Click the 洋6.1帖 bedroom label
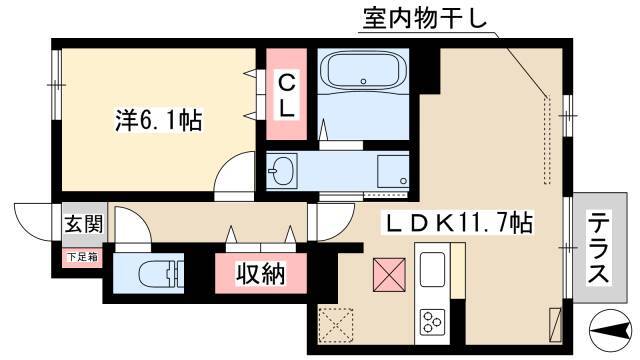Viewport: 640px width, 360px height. [x=159, y=120]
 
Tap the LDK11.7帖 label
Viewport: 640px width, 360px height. [x=457, y=222]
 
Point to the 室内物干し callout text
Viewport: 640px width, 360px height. [x=424, y=18]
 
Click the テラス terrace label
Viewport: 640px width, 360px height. [x=599, y=249]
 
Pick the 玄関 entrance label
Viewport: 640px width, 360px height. [x=84, y=224]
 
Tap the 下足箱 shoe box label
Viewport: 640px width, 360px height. [x=82, y=257]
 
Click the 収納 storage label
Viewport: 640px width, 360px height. [x=261, y=273]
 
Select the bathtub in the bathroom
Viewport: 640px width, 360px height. [x=363, y=72]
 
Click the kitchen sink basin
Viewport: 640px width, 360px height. [x=432, y=269]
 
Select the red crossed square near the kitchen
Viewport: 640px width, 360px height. [x=389, y=275]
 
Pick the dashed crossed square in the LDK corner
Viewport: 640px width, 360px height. [x=336, y=324]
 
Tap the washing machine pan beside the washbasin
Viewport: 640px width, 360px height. [x=393, y=171]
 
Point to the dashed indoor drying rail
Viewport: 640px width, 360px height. [x=547, y=140]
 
